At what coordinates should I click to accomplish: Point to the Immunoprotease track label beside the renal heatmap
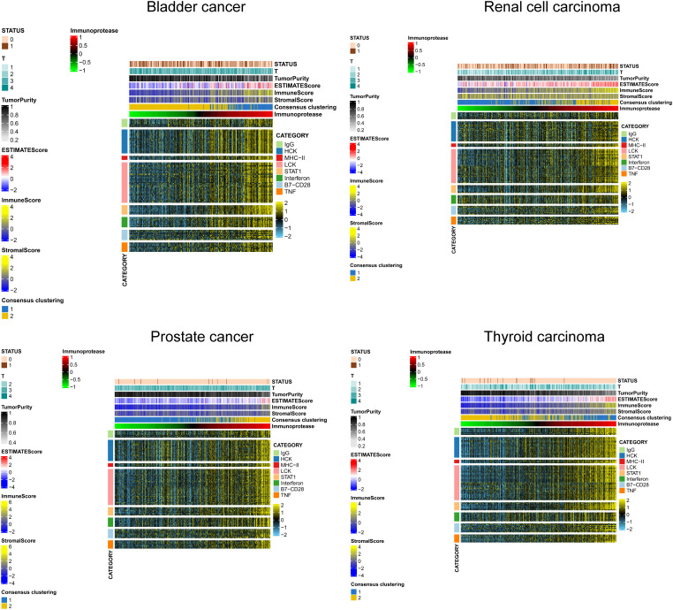[x=640, y=108]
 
